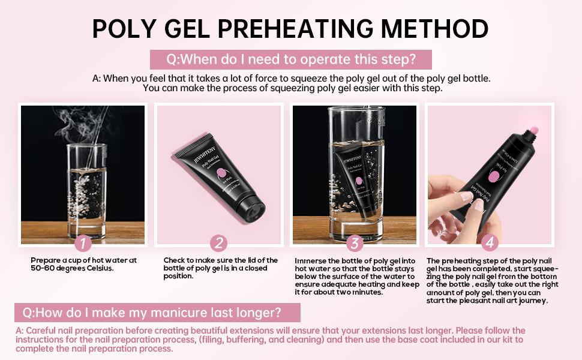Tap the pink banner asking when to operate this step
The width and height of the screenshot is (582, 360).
(x=291, y=59)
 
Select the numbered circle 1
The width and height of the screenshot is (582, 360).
(x=83, y=243)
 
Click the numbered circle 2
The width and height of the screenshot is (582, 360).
(x=219, y=243)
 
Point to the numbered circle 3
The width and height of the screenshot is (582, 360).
(x=355, y=243)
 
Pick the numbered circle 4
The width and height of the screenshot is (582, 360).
(x=490, y=242)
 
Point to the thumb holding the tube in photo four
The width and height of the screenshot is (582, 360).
(x=463, y=198)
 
